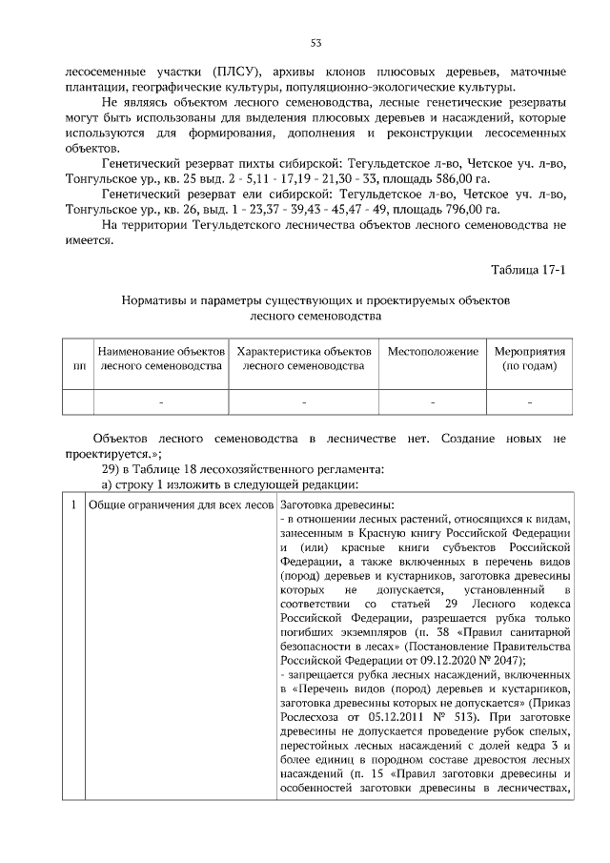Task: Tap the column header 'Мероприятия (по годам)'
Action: pos(529,359)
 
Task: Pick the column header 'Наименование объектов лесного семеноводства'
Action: pos(160,359)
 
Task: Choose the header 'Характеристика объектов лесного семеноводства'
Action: pos(303,359)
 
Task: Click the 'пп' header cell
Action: pos(76,366)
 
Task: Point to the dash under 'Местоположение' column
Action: pos(432,403)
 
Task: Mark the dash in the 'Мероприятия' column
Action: pos(529,403)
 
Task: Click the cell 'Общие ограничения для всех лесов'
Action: pos(179,504)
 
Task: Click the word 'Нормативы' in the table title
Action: pos(153,300)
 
